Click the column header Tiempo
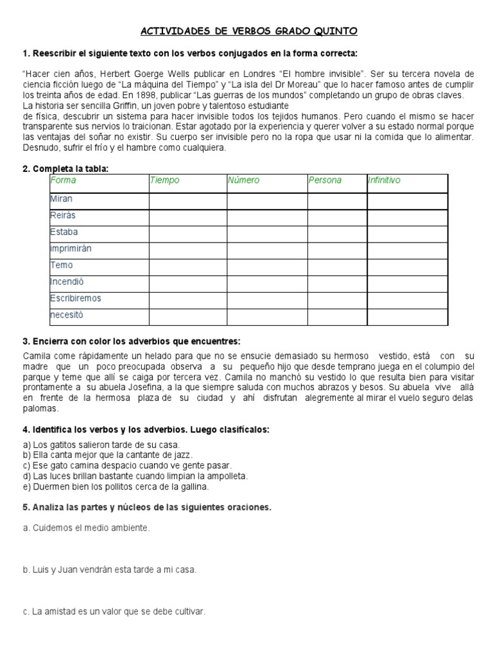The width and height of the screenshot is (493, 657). (164, 180)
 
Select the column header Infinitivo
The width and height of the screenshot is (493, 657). (384, 180)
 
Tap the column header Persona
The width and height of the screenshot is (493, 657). (325, 180)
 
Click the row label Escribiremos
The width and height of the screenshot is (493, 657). (75, 298)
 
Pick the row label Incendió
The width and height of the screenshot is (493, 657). (67, 282)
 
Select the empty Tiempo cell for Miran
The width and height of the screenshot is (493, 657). (187, 200)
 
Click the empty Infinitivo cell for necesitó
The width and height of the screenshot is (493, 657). (407, 316)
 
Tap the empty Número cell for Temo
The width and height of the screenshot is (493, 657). (266, 266)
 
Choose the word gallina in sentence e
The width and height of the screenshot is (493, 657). (193, 486)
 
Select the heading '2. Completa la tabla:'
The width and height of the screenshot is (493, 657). (65, 168)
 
